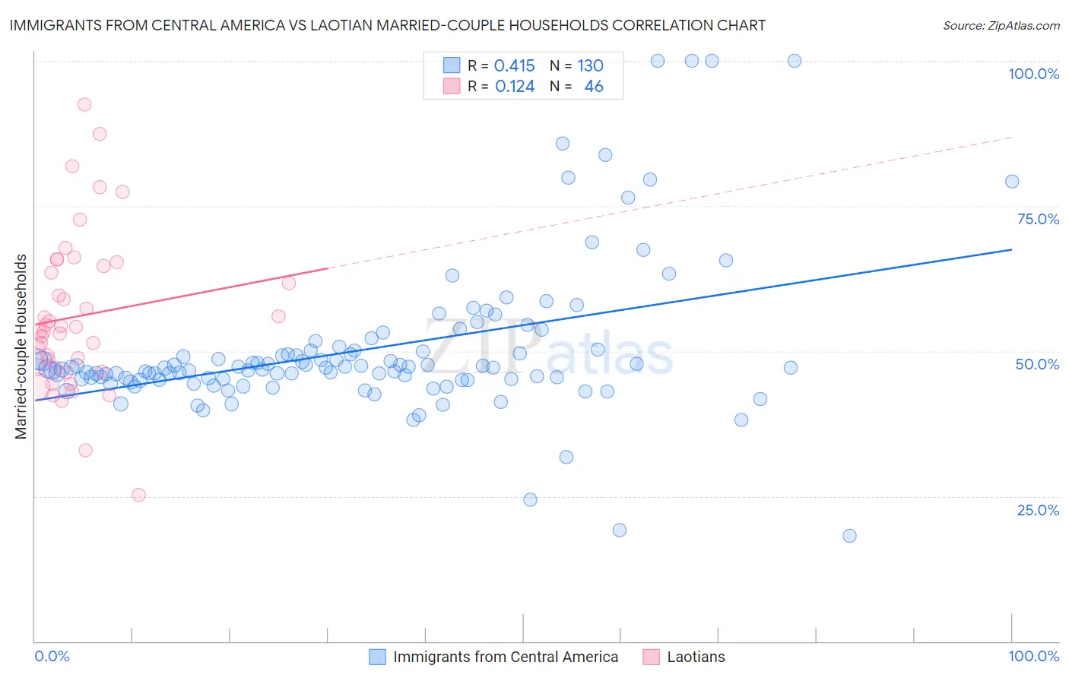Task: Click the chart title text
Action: (x=388, y=25)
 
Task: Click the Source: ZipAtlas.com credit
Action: (x=1001, y=25)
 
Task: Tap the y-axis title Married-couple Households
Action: (x=21, y=347)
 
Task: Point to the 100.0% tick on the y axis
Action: (x=1033, y=74)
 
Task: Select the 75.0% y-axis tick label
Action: (x=1038, y=219)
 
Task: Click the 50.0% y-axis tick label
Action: (x=1037, y=364)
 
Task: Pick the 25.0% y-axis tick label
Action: (x=1038, y=509)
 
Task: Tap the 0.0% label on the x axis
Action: (x=52, y=656)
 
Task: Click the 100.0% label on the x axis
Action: (x=1033, y=656)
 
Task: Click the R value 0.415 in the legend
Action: (x=515, y=66)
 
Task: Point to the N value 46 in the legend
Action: (x=594, y=87)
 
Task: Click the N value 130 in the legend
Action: (x=590, y=66)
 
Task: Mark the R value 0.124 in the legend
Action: (x=515, y=87)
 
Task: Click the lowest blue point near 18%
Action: (x=849, y=536)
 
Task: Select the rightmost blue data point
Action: (x=1011, y=181)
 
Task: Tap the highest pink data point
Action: (x=84, y=104)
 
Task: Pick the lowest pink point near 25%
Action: (x=138, y=495)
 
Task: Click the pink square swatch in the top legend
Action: (x=452, y=87)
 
